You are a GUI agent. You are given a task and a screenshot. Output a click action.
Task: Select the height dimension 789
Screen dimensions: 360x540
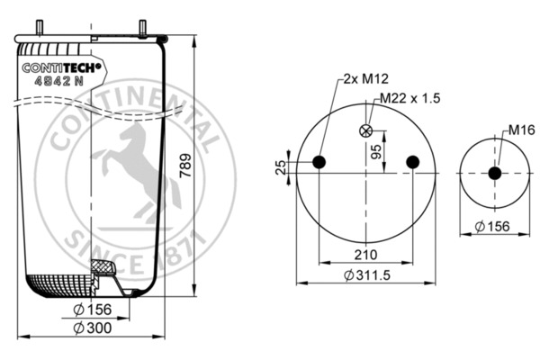click(185, 166)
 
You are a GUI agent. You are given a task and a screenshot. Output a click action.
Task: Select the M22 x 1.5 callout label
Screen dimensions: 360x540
click(410, 97)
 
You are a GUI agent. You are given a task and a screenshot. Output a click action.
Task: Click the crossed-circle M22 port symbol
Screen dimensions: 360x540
click(365, 130)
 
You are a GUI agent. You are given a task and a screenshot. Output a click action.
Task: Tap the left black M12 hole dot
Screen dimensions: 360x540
click(319, 162)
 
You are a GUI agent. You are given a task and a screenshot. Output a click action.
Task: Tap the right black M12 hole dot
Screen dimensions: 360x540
click(412, 162)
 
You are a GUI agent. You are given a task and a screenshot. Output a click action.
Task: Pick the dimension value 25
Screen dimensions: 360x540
click(280, 167)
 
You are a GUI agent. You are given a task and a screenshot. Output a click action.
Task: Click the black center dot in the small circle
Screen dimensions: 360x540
click(494, 173)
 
